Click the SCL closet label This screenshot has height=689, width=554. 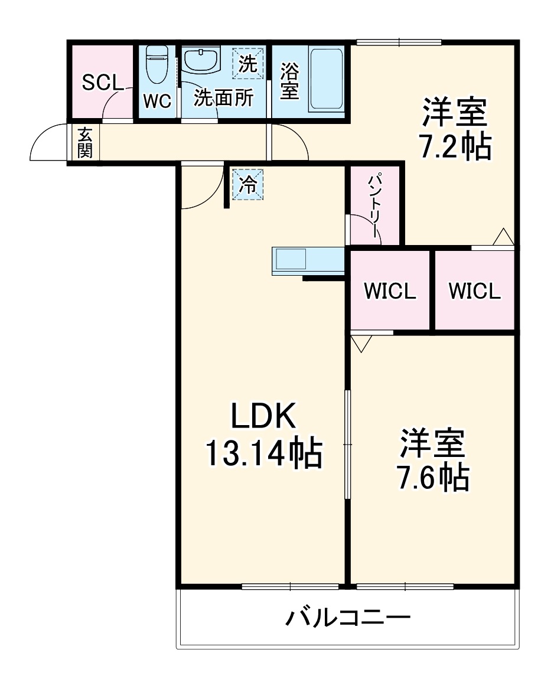click(102, 83)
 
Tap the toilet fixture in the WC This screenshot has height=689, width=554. click(157, 65)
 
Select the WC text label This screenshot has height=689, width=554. click(157, 102)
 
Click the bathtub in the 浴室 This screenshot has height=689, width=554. click(327, 79)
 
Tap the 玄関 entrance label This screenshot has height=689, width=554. click(85, 142)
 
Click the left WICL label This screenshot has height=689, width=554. click(390, 291)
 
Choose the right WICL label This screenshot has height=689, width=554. click(474, 291)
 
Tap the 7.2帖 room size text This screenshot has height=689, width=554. click(455, 148)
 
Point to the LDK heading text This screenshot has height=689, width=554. click(263, 418)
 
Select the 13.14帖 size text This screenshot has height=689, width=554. click(263, 453)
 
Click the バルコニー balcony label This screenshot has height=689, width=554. click(348, 618)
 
